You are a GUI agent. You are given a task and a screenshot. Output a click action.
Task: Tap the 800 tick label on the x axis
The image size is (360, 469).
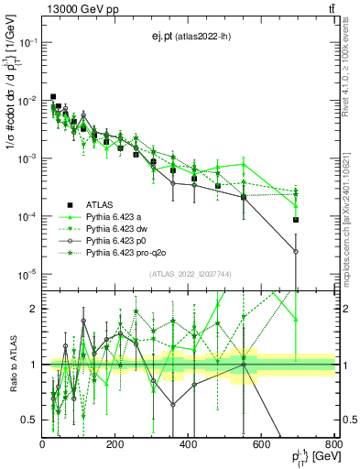[x=333, y=445]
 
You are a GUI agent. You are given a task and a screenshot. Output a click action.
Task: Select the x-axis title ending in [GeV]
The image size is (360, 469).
[x=308, y=458]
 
